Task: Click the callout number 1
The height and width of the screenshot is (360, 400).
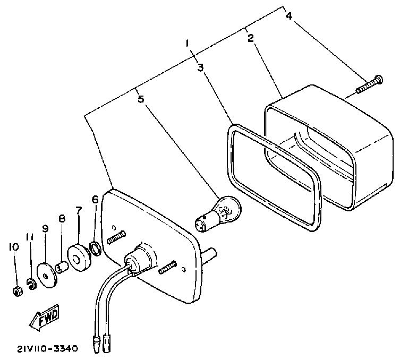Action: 187,43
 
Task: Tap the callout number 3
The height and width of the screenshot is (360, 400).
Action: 201,67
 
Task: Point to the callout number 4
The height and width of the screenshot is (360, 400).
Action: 289,16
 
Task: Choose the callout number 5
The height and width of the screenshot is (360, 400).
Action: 140,98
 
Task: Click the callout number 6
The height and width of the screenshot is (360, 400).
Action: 95,200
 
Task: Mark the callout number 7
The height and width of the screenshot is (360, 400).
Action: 78,211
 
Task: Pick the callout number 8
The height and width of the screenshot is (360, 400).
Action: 62,219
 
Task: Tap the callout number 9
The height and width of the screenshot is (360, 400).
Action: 45,229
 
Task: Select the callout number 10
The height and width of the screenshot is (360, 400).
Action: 12,246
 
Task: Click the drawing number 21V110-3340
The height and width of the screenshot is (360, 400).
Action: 47,349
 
